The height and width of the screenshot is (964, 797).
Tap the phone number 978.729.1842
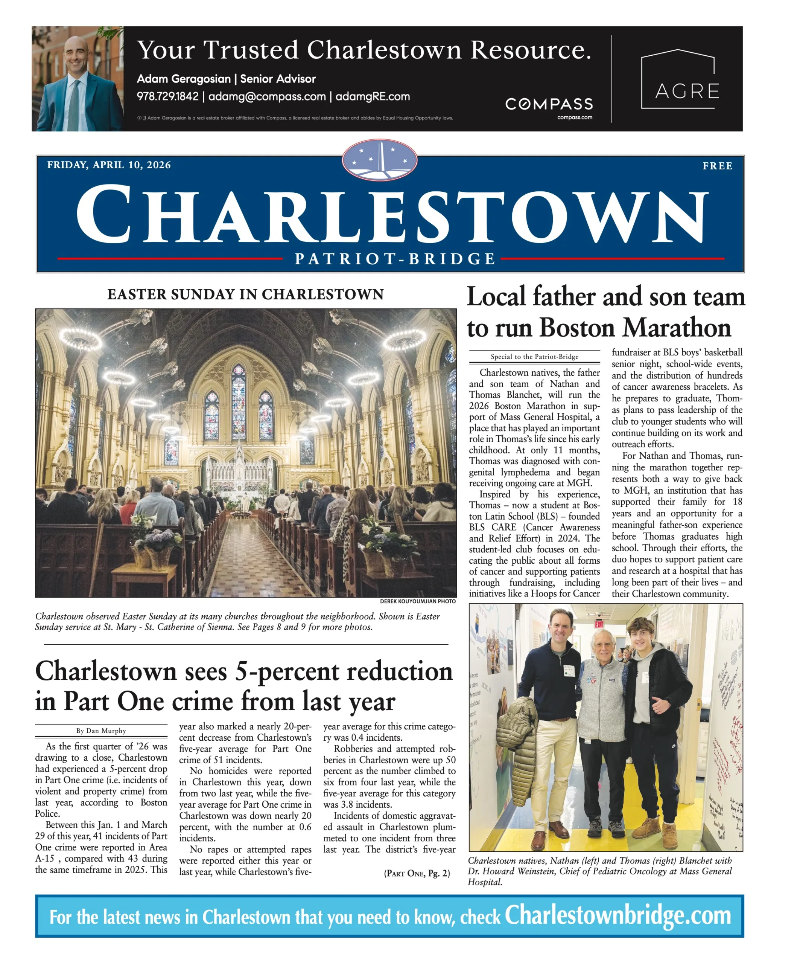click(167, 97)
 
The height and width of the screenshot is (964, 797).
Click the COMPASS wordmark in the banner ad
click(549, 104)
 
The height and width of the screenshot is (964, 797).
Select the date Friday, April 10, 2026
click(109, 165)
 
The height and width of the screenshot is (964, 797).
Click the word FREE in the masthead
click(717, 166)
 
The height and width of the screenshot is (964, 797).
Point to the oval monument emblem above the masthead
click(379, 160)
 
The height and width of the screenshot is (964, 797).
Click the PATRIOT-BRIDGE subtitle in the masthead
click(395, 259)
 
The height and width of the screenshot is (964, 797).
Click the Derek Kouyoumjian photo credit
click(418, 601)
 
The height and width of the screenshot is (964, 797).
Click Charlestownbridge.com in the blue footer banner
click(618, 916)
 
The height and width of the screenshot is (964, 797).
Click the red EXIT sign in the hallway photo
click(598, 624)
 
